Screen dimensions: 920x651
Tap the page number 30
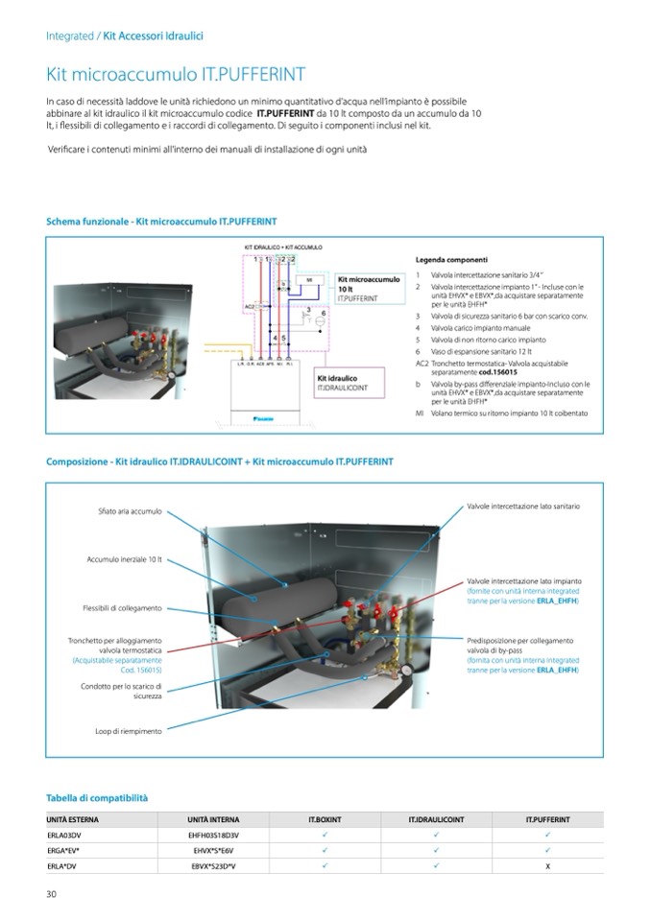tap(52, 894)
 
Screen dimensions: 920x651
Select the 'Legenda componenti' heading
tap(451, 260)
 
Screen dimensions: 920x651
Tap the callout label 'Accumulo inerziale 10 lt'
tap(125, 559)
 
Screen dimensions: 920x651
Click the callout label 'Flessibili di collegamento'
tap(122, 608)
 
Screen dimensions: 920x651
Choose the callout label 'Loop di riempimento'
tap(129, 731)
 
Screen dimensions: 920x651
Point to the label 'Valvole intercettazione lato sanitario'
tap(523, 506)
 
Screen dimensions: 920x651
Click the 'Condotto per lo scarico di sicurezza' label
tap(122, 691)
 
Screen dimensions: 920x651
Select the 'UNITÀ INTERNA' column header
tap(213, 820)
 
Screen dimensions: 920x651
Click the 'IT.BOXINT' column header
tap(325, 820)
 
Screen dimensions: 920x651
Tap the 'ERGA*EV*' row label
tap(63, 850)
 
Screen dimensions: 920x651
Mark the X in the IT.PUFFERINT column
tap(547, 865)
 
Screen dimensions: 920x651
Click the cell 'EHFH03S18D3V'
tap(213, 836)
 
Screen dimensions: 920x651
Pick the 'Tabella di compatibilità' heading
tap(97, 797)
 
